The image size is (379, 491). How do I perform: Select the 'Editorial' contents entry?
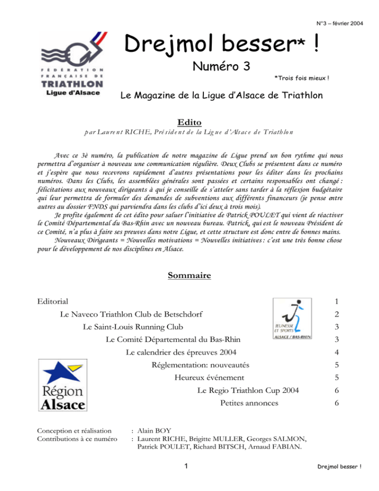click(x=53, y=301)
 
